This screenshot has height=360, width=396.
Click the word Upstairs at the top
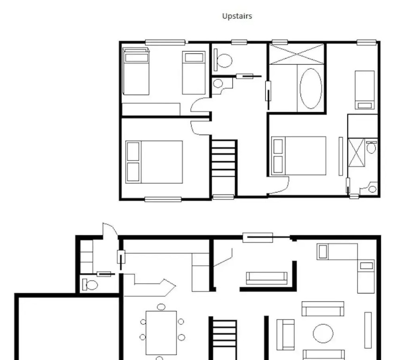point(237,16)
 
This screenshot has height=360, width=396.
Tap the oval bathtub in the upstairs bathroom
point(311,89)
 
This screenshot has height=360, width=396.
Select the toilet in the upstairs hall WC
point(223,60)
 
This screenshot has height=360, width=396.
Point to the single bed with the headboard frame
point(136,72)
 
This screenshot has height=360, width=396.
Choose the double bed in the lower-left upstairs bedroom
point(154,162)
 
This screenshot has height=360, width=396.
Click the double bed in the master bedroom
point(299,156)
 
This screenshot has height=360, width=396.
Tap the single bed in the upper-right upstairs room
point(365,90)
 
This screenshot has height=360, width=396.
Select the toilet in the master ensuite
point(371,147)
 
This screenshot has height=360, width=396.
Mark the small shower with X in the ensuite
point(356,153)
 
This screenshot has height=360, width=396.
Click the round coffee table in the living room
point(323,333)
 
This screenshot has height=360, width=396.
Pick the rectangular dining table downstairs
point(161,333)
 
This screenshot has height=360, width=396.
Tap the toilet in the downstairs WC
point(90,285)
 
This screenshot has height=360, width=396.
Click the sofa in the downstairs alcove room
point(267,278)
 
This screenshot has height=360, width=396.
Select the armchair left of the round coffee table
point(285,335)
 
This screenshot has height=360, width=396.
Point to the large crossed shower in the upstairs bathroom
point(297,54)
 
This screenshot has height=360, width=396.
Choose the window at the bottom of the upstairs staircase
point(223,197)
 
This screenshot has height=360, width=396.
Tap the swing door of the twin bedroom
point(200,105)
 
